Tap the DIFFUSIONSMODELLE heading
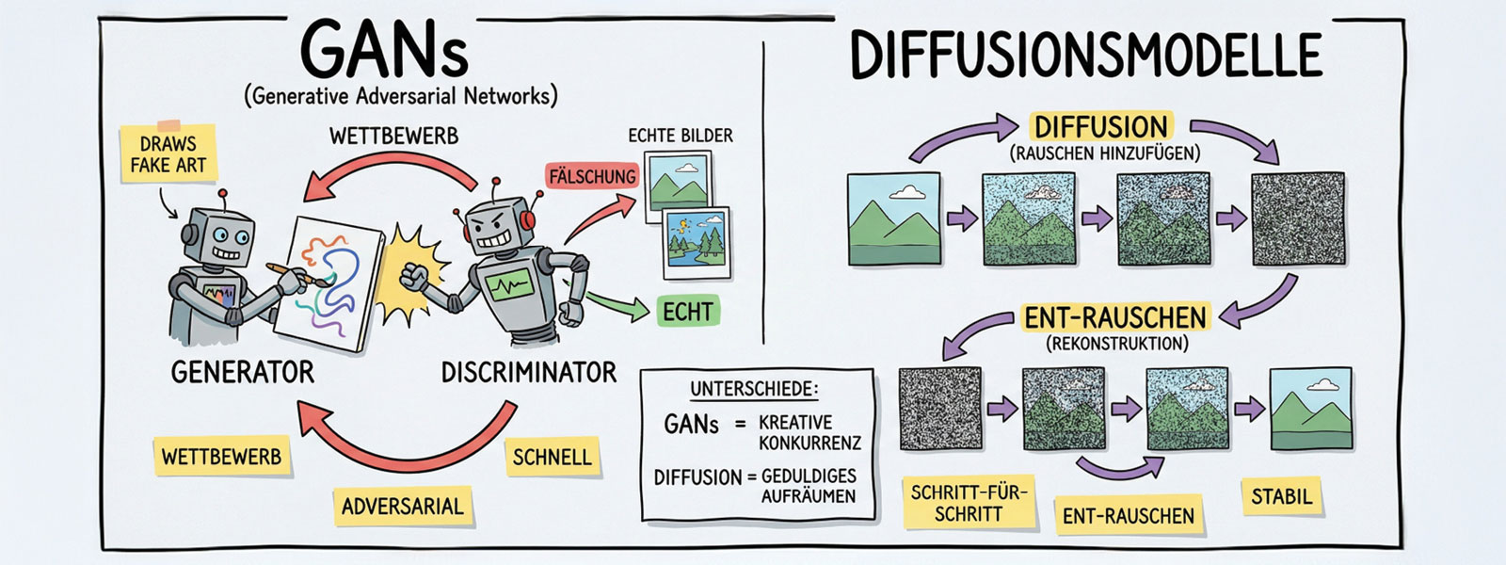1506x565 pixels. click(1085, 55)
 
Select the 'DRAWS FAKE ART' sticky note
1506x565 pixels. click(168, 154)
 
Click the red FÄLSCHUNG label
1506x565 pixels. click(592, 176)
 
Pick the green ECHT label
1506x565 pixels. click(687, 312)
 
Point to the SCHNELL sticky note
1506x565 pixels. click(552, 458)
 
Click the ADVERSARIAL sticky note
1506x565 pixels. click(402, 507)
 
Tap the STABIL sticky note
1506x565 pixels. click(1281, 496)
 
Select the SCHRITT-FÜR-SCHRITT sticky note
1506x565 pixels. click(969, 503)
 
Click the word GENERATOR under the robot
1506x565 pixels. click(242, 373)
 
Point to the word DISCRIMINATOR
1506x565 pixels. click(529, 373)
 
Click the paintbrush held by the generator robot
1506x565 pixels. click(294, 277)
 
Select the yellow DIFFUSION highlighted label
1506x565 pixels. click(1100, 127)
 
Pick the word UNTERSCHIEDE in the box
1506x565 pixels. click(754, 390)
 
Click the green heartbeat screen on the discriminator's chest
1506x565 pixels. click(507, 285)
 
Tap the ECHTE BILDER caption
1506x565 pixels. click(680, 136)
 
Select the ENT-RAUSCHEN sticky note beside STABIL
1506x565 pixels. click(1128, 516)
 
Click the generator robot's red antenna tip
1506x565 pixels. click(223, 194)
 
